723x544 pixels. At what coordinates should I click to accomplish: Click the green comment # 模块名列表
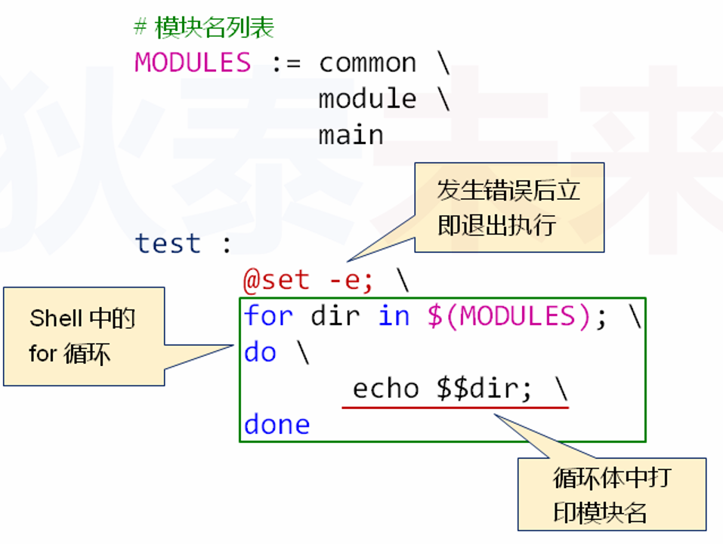tap(204, 28)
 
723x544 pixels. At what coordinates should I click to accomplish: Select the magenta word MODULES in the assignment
tap(193, 62)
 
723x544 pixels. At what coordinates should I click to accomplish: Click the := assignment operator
tap(286, 63)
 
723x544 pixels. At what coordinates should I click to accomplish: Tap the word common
tap(367, 63)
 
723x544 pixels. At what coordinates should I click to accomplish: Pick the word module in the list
tap(367, 99)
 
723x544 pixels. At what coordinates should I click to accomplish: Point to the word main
tap(351, 135)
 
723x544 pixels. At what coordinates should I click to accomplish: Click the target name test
tap(168, 244)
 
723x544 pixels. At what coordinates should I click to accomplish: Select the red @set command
tap(276, 281)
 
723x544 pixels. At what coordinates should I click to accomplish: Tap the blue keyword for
tap(267, 316)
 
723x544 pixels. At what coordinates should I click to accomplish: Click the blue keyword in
tap(394, 316)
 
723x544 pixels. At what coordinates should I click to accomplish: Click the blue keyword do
tap(260, 352)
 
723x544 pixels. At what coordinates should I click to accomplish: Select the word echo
tap(385, 388)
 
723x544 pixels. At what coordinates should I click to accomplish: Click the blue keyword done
tap(277, 425)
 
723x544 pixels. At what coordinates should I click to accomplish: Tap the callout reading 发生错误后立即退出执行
tap(508, 207)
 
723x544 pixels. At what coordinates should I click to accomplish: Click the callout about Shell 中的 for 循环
tap(83, 336)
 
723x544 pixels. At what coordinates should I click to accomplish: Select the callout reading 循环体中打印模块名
tap(611, 494)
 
